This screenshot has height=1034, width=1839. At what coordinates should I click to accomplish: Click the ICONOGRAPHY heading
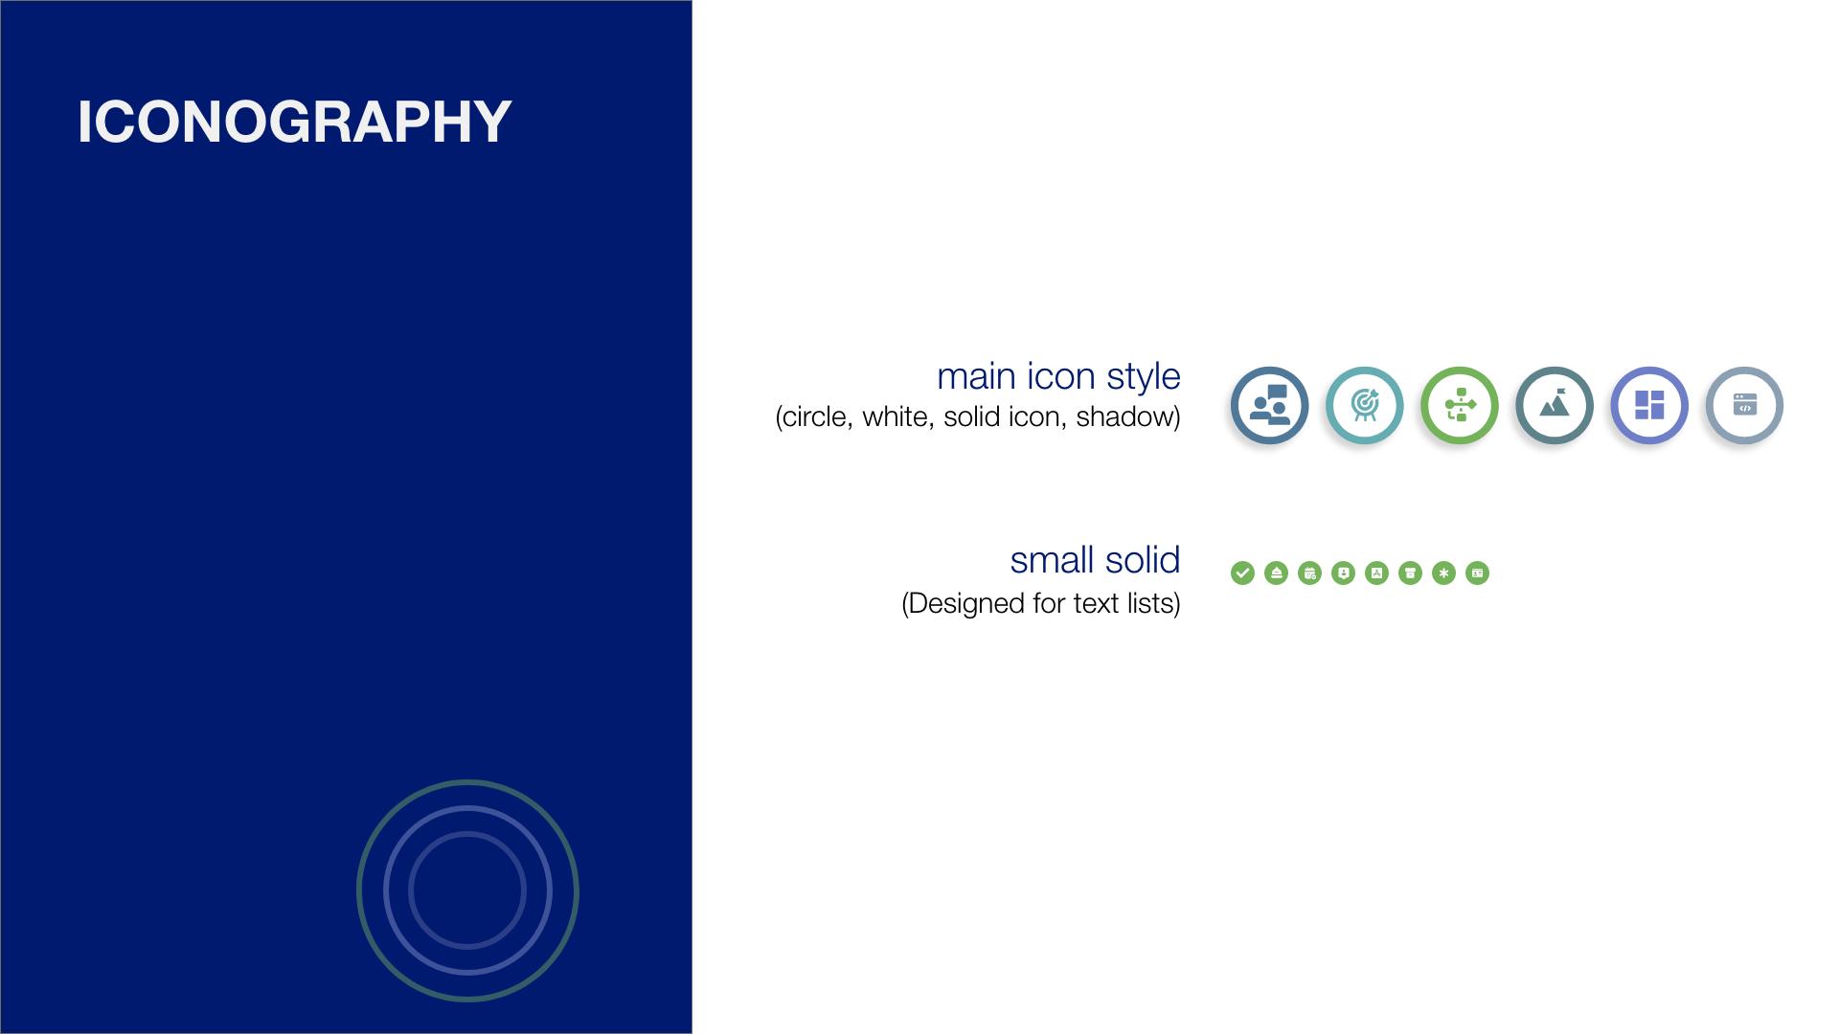click(x=294, y=122)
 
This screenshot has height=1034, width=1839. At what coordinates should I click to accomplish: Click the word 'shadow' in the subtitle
click(x=1124, y=417)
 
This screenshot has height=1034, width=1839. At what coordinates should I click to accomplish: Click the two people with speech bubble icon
click(x=1269, y=406)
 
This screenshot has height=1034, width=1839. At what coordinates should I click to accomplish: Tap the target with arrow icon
click(x=1364, y=406)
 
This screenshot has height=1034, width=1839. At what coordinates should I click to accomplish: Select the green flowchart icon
click(x=1459, y=406)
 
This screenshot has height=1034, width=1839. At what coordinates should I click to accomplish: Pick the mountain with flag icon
click(x=1554, y=406)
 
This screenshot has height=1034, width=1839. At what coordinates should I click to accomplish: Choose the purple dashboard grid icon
click(x=1648, y=406)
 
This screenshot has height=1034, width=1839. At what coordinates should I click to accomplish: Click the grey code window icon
click(x=1744, y=406)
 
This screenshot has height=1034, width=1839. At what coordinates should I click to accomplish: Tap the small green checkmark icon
click(x=1242, y=573)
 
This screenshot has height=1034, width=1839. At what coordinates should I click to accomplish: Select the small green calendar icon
click(x=1309, y=573)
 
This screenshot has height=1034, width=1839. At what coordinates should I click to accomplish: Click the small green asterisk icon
click(x=1443, y=573)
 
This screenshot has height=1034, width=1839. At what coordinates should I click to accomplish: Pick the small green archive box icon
click(x=1410, y=573)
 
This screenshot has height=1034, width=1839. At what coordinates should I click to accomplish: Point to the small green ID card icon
click(x=1477, y=573)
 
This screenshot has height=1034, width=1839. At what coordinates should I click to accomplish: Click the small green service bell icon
click(x=1276, y=573)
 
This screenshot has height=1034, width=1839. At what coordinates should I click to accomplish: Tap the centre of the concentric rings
click(x=467, y=890)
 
